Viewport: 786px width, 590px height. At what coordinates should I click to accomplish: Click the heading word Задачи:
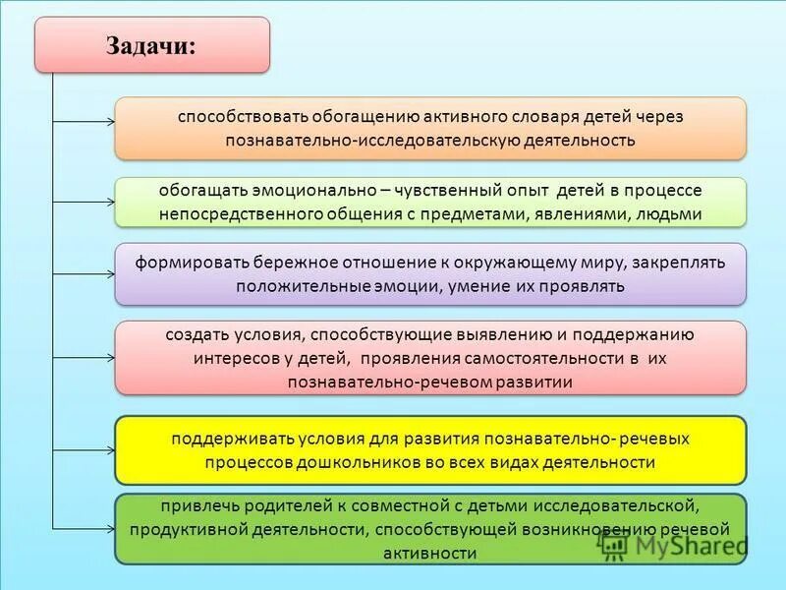[151, 45]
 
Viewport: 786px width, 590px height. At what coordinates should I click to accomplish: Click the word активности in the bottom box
[430, 554]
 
